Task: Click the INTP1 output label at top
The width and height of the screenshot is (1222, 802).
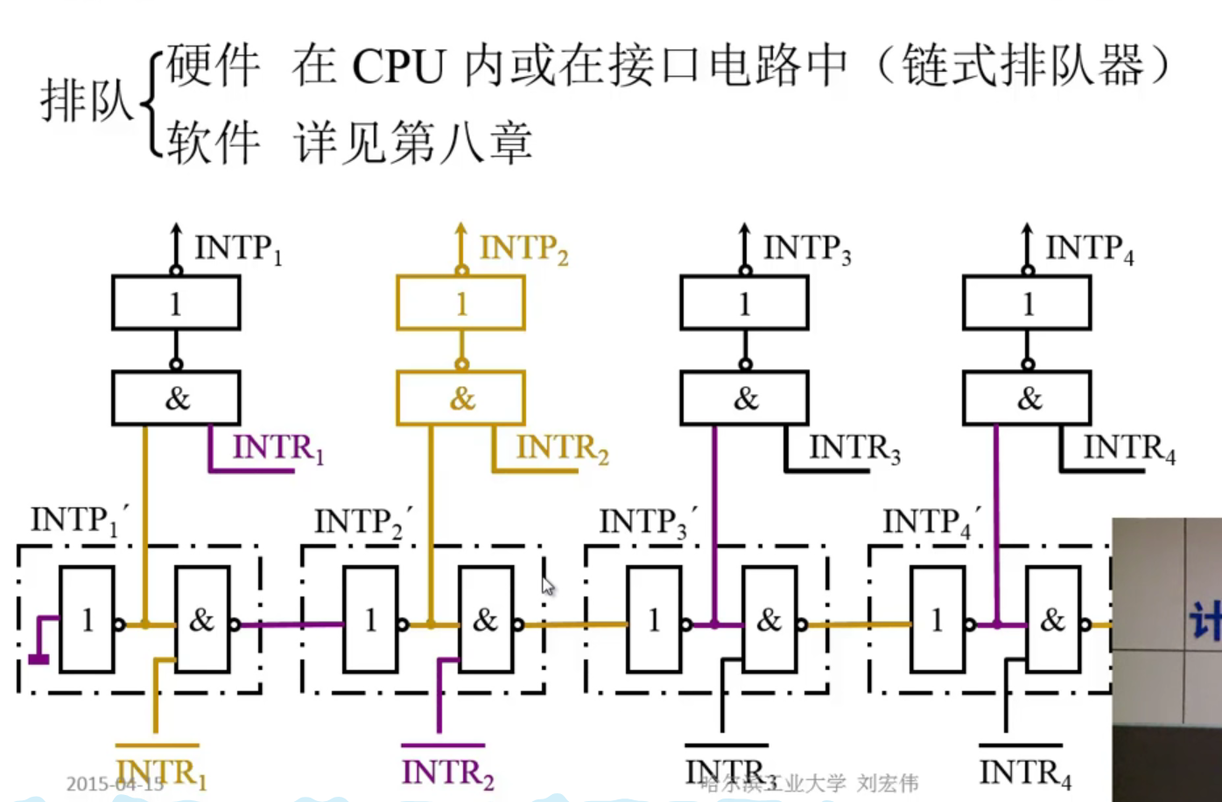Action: click(237, 249)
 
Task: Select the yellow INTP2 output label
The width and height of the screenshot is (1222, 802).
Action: click(523, 249)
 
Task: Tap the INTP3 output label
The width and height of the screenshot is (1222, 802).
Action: click(806, 249)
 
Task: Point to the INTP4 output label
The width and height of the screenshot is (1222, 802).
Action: click(1089, 249)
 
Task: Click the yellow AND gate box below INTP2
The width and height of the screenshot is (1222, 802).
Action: click(460, 399)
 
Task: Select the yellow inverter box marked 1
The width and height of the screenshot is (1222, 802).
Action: click(460, 303)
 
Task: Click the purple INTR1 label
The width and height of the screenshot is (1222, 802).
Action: click(277, 448)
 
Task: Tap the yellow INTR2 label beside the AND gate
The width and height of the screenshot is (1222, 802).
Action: click(562, 448)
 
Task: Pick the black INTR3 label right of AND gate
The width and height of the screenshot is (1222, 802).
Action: click(853, 448)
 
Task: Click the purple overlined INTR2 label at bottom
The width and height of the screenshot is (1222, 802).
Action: click(447, 772)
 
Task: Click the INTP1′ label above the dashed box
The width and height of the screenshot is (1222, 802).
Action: click(80, 520)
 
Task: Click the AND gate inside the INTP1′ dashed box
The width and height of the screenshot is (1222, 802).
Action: click(202, 620)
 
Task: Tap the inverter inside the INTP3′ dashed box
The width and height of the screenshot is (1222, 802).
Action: click(654, 620)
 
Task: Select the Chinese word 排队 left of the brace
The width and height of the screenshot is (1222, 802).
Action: click(86, 101)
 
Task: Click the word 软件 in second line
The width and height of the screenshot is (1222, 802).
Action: click(214, 143)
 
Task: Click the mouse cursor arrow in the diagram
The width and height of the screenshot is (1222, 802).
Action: click(547, 585)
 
